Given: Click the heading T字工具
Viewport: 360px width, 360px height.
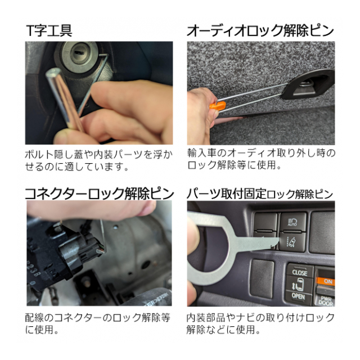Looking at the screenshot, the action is pyautogui.click(x=49, y=31).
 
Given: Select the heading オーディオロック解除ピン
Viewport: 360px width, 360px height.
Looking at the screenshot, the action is pyautogui.click(x=260, y=31).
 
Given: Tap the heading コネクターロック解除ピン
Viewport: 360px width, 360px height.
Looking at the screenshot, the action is pyautogui.click(x=99, y=193).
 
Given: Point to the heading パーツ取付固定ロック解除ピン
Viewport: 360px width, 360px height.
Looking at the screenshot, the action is pyautogui.click(x=260, y=194).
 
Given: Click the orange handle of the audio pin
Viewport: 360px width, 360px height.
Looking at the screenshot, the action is pyautogui.click(x=218, y=106).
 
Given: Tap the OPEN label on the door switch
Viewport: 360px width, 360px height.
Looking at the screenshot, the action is pyautogui.click(x=298, y=296).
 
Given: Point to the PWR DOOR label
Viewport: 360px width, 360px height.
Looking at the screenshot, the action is pyautogui.click(x=326, y=301).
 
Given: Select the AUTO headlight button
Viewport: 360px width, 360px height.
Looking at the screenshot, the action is pyautogui.click(x=293, y=222).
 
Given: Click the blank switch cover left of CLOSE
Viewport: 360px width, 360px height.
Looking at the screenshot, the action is pyautogui.click(x=262, y=278).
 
